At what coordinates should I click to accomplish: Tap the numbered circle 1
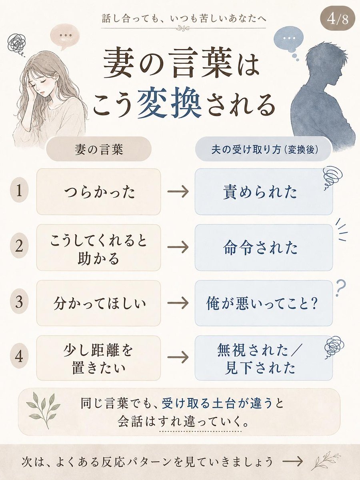(x=19, y=190)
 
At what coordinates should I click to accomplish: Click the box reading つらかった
(x=98, y=192)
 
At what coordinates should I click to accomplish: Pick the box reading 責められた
(x=264, y=192)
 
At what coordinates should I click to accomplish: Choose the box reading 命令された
(x=264, y=248)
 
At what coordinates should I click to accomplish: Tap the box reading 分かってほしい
(x=98, y=303)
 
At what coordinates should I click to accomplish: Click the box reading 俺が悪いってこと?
(x=264, y=303)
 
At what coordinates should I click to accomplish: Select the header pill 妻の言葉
(x=98, y=149)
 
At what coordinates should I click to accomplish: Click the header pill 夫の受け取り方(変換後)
(x=264, y=149)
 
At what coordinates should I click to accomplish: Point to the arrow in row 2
(x=178, y=247)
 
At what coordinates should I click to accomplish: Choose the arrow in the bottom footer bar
(x=292, y=462)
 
